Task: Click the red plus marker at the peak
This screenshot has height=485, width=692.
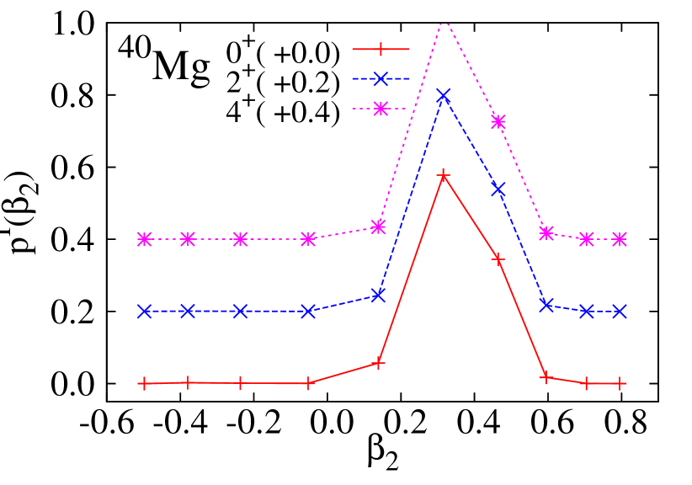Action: point(444,175)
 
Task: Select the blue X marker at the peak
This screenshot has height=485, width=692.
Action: point(444,95)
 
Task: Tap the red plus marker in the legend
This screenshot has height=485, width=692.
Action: point(381,50)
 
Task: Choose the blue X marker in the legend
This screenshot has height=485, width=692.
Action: point(381,79)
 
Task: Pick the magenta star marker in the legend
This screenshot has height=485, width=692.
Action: point(381,109)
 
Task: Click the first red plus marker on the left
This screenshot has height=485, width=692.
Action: point(144,384)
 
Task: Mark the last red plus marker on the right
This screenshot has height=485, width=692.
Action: point(620,383)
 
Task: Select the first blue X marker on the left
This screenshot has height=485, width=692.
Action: point(144,312)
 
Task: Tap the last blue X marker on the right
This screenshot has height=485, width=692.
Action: point(620,312)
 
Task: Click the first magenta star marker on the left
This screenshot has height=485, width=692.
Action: point(144,239)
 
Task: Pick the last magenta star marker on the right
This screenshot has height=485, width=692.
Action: point(620,239)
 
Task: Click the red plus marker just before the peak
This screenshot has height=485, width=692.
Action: point(379,363)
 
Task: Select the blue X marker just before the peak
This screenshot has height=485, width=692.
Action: point(379,295)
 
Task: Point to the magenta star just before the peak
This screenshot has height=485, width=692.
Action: point(379,227)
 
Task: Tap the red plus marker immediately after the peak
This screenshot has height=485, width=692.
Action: point(498,258)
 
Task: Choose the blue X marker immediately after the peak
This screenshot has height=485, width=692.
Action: point(498,189)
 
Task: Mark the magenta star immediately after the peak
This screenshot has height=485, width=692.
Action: point(498,121)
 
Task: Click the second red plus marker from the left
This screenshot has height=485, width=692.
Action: point(188,382)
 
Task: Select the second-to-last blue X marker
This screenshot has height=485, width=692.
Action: point(587,312)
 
